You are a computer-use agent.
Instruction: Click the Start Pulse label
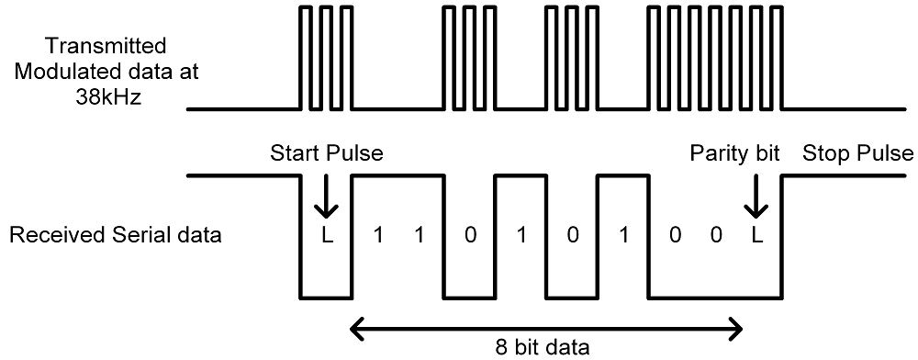(326, 153)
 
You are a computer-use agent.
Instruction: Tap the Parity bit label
(734, 153)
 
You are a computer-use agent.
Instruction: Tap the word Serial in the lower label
(155, 235)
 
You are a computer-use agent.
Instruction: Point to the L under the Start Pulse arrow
(326, 236)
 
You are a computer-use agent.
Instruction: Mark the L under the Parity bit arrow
(756, 236)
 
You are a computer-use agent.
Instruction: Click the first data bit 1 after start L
(376, 236)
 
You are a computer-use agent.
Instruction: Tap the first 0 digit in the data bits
(471, 236)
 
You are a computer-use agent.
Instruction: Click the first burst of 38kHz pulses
(326, 58)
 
